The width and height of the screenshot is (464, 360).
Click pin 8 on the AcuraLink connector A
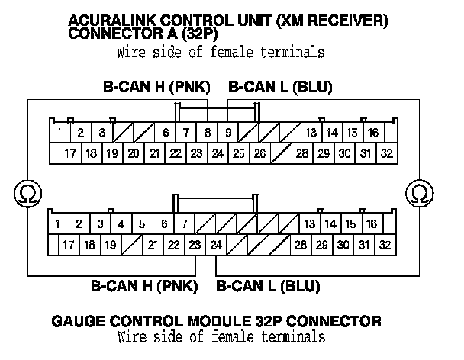[x=208, y=133]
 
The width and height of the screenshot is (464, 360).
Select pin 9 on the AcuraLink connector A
[x=228, y=133]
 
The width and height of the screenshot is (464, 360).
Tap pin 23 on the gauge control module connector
[x=195, y=245]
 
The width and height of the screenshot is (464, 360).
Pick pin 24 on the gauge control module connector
[x=216, y=245]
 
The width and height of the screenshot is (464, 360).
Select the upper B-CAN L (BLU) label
[x=280, y=87]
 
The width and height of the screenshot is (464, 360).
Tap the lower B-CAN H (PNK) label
[x=144, y=288]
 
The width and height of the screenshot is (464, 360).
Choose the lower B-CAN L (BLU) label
[x=268, y=288]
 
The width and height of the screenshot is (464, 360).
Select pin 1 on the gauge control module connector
[x=58, y=224]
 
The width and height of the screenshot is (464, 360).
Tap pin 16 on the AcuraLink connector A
[x=372, y=133]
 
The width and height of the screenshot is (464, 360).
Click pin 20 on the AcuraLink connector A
[x=133, y=154]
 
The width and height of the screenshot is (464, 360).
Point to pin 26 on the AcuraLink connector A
[x=259, y=154]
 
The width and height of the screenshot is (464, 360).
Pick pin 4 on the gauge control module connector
[x=121, y=224]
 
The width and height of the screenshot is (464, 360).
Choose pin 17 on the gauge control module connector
[x=69, y=245]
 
